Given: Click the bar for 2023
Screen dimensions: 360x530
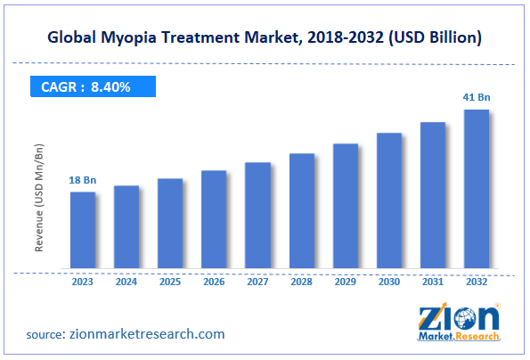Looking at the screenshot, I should click(83, 230).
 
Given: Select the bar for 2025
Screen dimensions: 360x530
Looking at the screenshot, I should click(170, 224).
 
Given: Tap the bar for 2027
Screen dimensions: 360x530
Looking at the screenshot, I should click(257, 216).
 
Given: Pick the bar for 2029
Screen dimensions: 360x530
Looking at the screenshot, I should click(345, 206).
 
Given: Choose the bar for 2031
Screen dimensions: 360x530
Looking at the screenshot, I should click(432, 195).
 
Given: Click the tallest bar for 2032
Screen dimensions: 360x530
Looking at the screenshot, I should click(476, 189).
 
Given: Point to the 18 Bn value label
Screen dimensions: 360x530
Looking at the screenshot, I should click(83, 181).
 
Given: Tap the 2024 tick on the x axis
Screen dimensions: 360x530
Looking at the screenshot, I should click(126, 281).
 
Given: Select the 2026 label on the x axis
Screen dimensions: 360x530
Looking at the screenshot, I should click(214, 281).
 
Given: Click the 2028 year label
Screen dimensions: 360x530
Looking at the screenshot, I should click(301, 281).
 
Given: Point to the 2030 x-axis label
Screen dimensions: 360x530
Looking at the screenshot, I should click(388, 281).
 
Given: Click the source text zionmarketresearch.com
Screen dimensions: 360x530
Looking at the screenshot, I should click(145, 334).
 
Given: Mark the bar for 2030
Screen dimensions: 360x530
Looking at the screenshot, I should click(388, 200).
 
